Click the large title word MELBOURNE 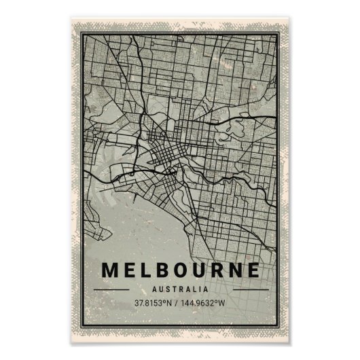[179, 269]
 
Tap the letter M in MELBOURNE [111, 269]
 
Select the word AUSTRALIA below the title [180, 288]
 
